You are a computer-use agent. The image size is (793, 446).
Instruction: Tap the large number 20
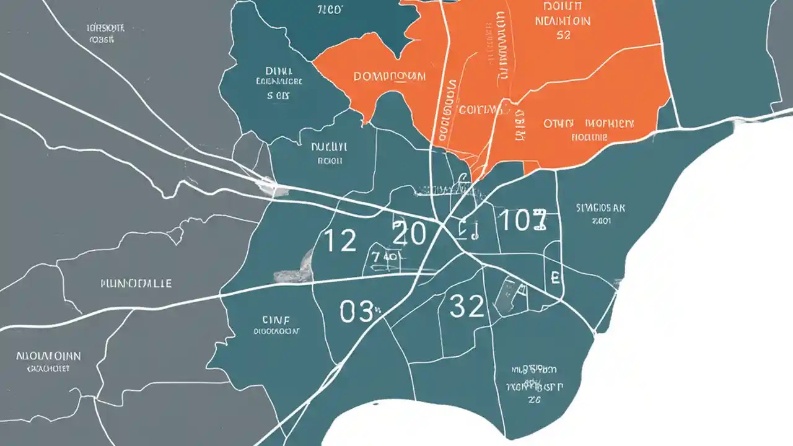pos(409,234)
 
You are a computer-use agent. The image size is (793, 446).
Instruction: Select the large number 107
pos(522,221)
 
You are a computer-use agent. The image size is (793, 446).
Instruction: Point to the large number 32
pos(466,306)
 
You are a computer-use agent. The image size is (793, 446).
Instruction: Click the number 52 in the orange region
pos(563,35)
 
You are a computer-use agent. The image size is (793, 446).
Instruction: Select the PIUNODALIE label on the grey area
pos(136,283)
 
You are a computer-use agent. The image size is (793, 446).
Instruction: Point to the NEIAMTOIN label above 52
pos(562,20)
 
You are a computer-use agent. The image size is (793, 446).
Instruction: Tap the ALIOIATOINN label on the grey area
pos(48,357)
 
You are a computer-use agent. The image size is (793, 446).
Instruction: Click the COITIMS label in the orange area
pos(481,110)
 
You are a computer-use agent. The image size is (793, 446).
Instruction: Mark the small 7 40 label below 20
pos(386,255)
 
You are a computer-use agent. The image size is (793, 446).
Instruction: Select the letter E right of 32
pos(555,276)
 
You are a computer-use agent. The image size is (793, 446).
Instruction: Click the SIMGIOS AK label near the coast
pos(600,208)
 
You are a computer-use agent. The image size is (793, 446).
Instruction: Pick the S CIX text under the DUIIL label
pos(278,96)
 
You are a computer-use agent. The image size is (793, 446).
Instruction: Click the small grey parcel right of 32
pos(511,295)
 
